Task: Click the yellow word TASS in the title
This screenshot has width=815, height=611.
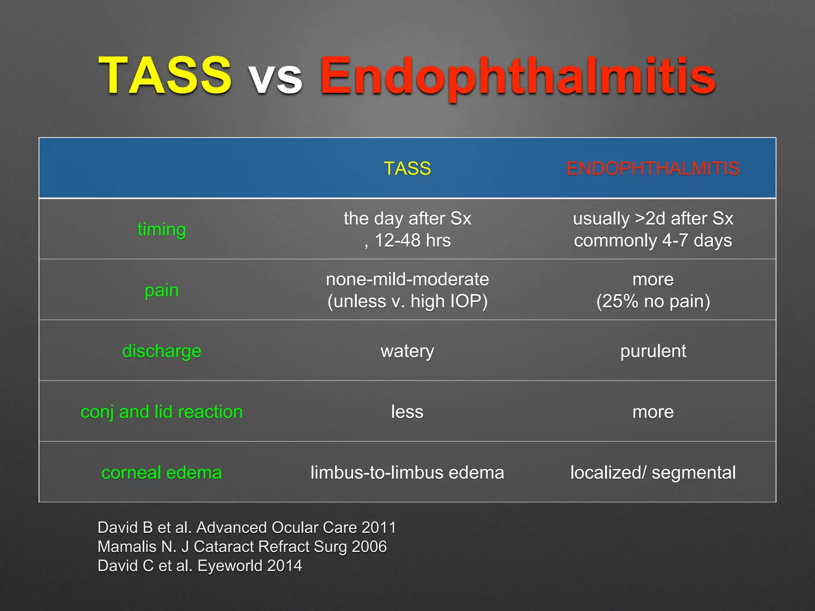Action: [x=165, y=76]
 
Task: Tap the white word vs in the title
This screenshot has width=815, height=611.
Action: [x=275, y=78]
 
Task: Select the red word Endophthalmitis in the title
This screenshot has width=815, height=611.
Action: [x=517, y=76]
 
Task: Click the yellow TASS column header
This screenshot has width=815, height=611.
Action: [x=407, y=168]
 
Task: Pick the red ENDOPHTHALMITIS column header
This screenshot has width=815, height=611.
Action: [x=653, y=168]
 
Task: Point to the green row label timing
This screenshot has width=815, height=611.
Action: [x=162, y=230]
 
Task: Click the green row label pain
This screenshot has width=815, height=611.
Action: [x=162, y=290]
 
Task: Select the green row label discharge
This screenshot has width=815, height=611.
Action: [x=162, y=351]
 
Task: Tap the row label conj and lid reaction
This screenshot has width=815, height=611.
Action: [x=162, y=412]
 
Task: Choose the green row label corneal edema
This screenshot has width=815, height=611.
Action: [x=162, y=473]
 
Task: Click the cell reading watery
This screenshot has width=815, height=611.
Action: [x=407, y=351]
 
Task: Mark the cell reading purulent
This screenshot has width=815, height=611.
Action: [x=653, y=351]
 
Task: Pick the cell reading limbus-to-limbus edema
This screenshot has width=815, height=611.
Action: [x=407, y=473]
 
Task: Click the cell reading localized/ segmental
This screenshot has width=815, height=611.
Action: [x=653, y=473]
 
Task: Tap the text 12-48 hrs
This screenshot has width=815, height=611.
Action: [x=412, y=240]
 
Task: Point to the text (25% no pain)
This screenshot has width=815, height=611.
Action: [x=653, y=301]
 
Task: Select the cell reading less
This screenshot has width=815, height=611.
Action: [x=407, y=412]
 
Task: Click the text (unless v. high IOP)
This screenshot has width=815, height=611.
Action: [x=407, y=301]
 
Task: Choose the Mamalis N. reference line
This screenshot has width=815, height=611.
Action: [x=242, y=547]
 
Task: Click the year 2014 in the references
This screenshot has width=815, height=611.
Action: [x=285, y=566]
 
